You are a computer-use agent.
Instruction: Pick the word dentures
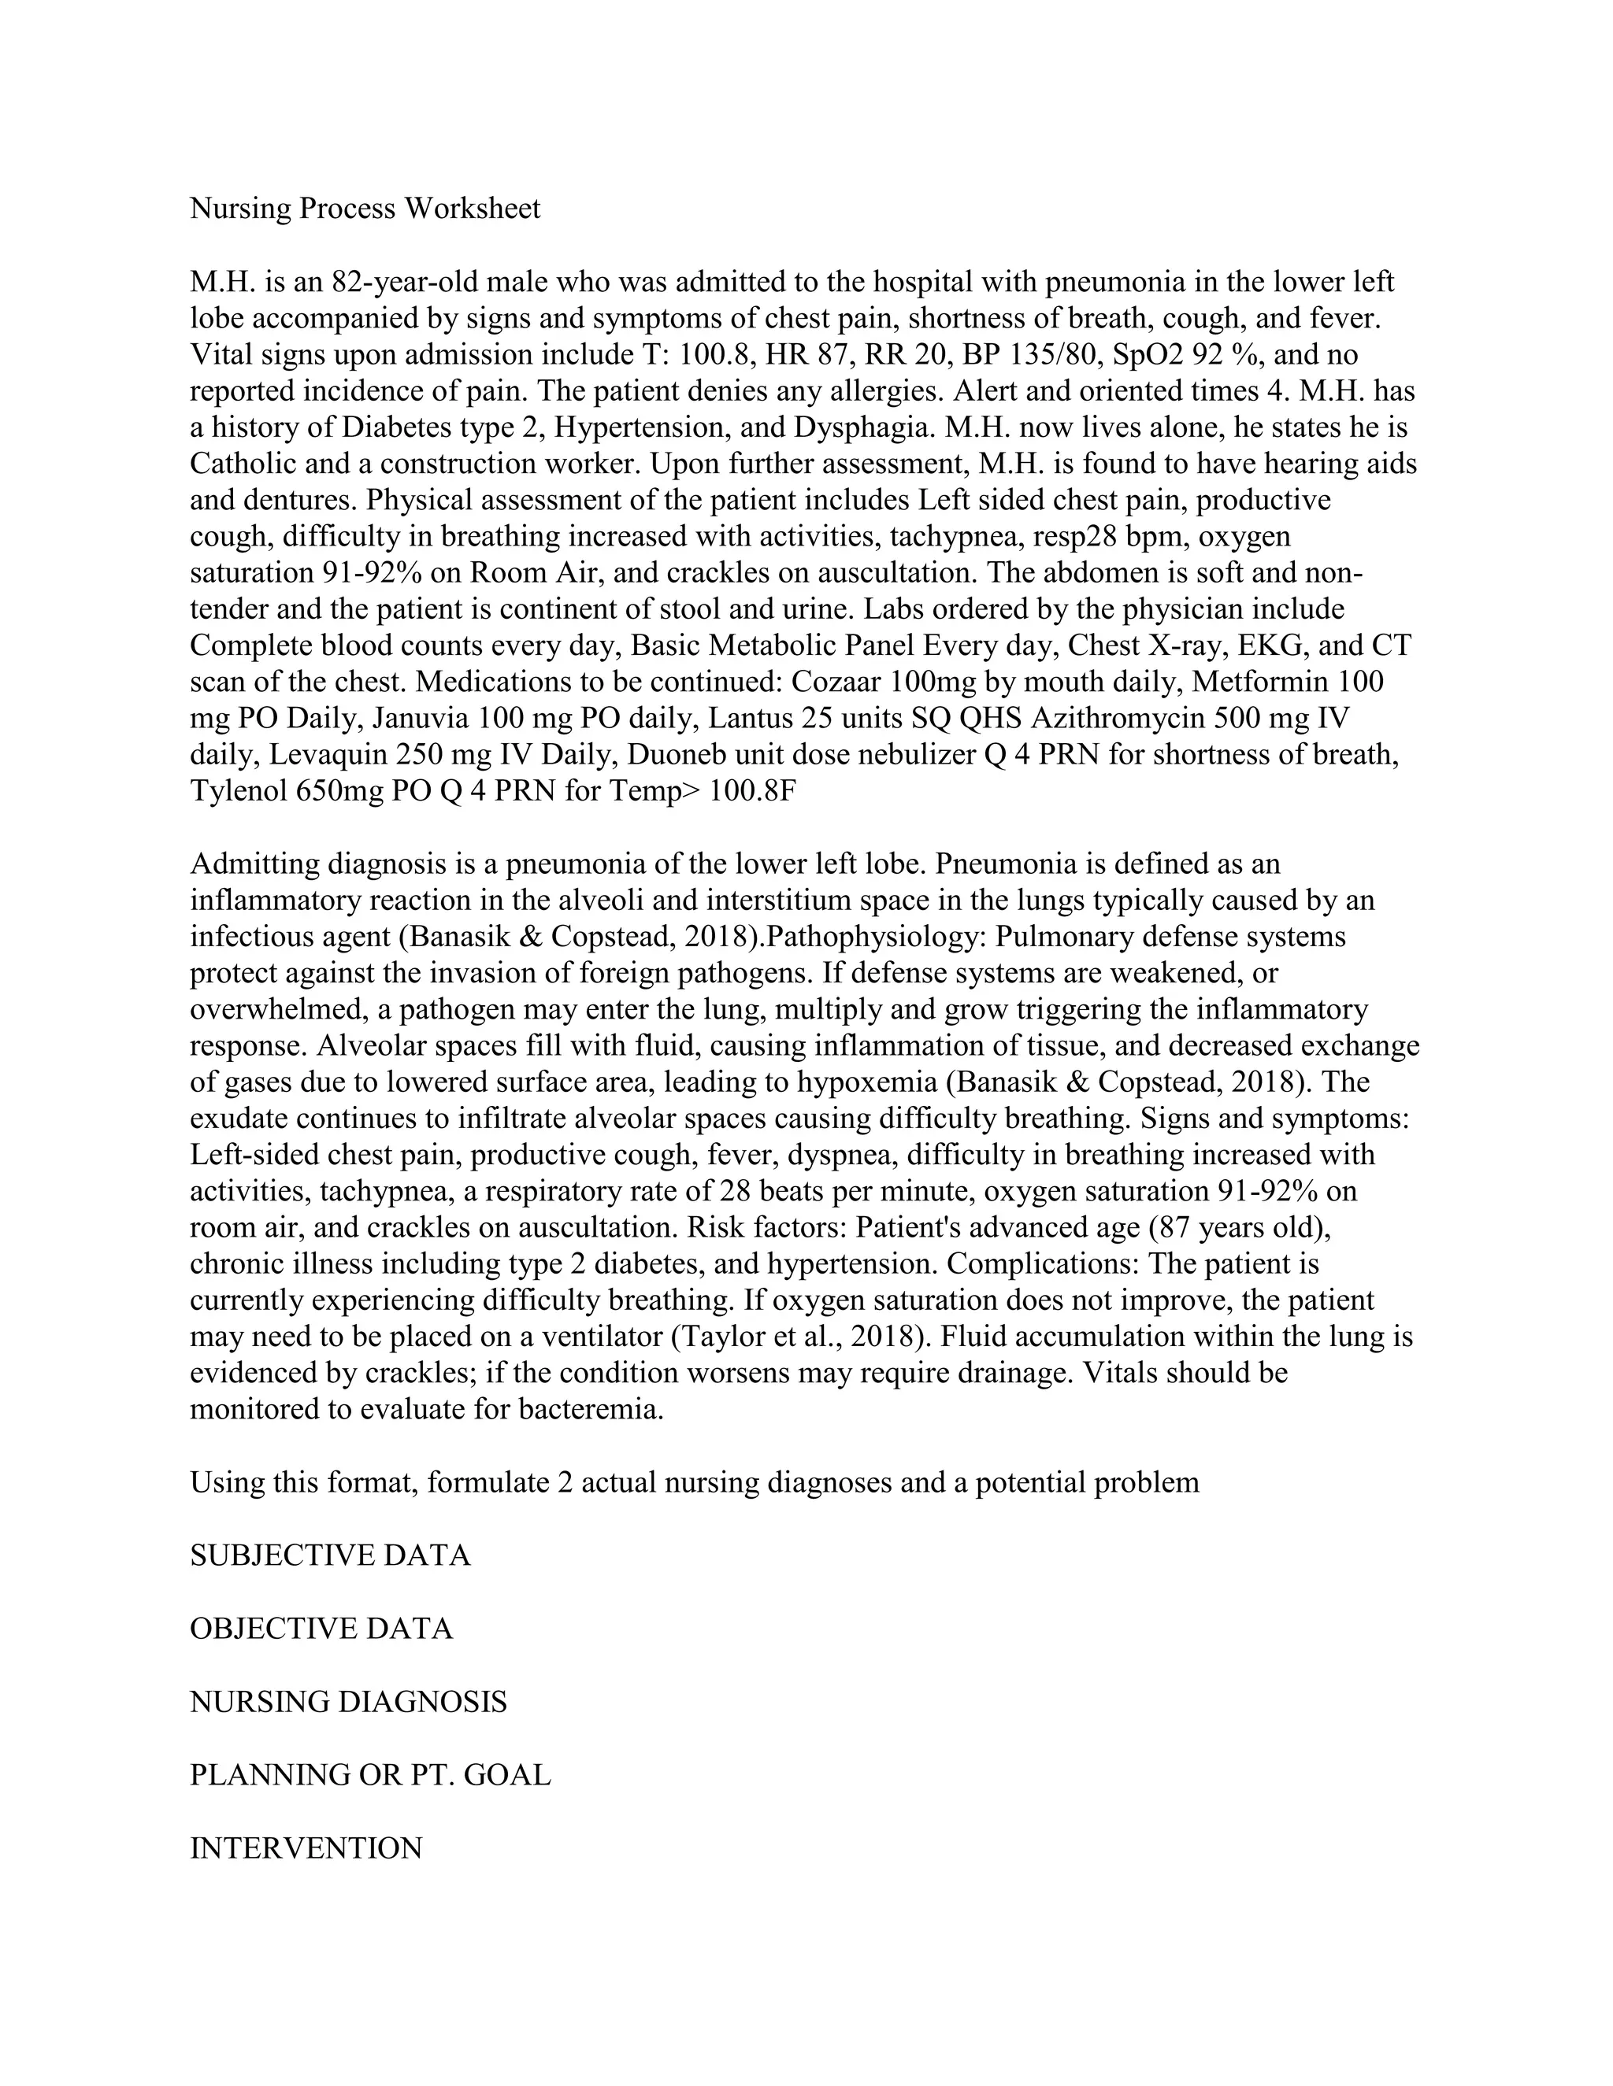pos(303,500)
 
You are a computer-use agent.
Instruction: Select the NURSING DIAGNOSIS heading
pos(349,1701)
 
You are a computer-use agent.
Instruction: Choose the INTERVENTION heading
pos(306,1847)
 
